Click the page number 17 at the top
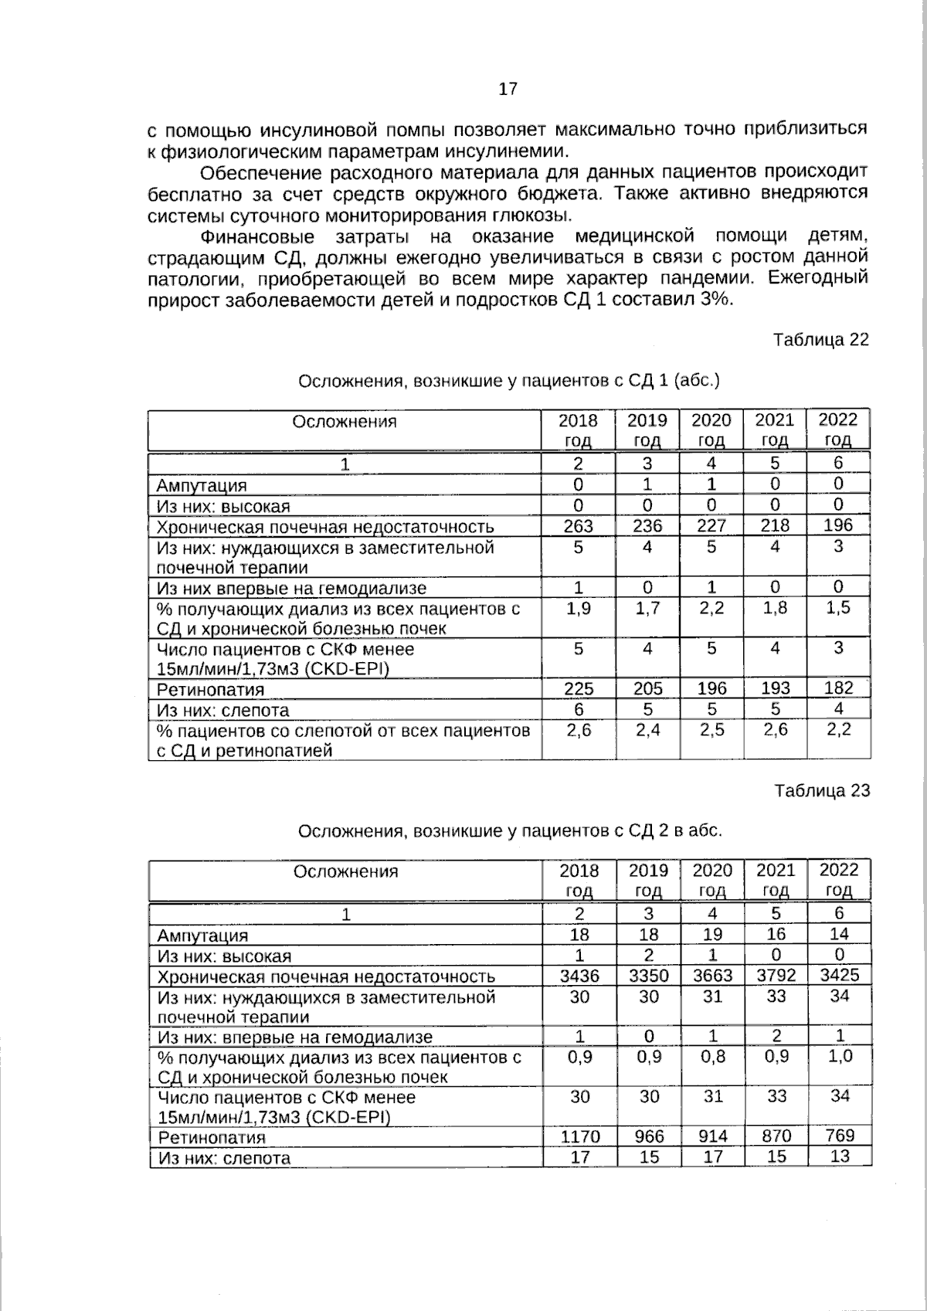(x=508, y=89)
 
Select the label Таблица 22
(x=820, y=339)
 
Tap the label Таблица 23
(x=821, y=790)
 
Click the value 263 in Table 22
(x=578, y=526)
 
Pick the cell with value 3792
(x=775, y=976)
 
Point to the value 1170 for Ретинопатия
(x=579, y=1136)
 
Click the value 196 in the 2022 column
(x=838, y=525)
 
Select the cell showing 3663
(x=711, y=976)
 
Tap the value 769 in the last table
(x=839, y=1136)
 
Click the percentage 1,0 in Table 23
(x=840, y=1056)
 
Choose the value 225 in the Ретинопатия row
(x=578, y=688)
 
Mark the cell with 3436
(x=579, y=976)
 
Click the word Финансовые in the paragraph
(x=256, y=236)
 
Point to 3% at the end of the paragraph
(x=715, y=300)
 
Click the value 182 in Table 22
(x=838, y=688)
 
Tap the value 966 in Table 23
(x=648, y=1136)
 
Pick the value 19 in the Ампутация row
(x=711, y=935)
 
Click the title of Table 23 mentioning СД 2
(x=510, y=831)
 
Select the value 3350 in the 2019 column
(x=648, y=976)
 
